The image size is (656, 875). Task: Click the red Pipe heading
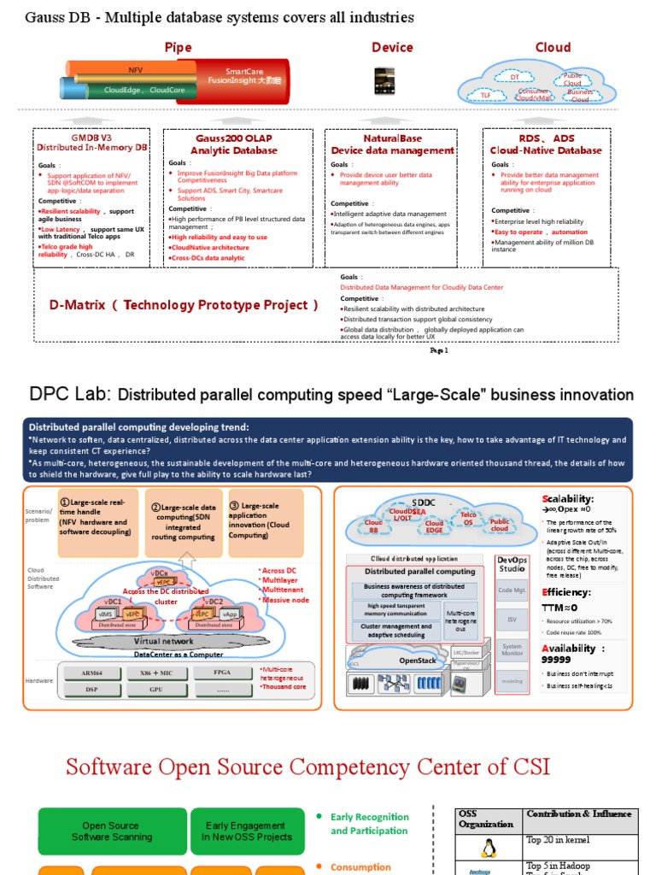pos(178,48)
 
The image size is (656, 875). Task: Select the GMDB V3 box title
pos(91,142)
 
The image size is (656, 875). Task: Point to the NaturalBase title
pos(392,144)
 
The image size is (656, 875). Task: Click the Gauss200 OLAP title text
pos(234,144)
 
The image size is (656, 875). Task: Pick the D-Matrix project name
pos(179,305)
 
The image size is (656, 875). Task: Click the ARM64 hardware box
pos(93,673)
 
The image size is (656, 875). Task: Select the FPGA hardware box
pos(222,673)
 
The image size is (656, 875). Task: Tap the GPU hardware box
pos(156,689)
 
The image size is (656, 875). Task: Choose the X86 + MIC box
pos(156,673)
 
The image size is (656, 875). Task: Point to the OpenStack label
pos(417,661)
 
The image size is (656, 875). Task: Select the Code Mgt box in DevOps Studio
pos(512,590)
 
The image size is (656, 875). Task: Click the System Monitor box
pos(512,650)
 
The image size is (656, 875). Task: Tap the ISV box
pos(512,620)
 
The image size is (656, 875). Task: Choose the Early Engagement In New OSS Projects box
pos(246,831)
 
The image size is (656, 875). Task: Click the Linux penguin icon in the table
pos(489,849)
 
